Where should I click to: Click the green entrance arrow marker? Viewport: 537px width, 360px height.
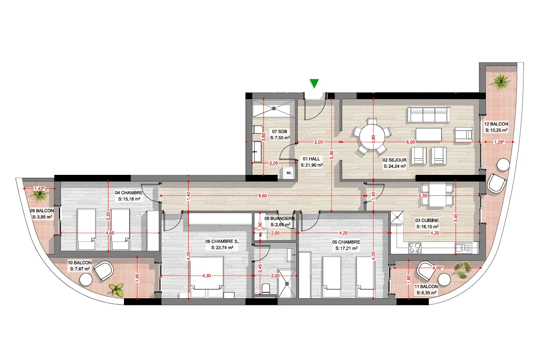point(314,84)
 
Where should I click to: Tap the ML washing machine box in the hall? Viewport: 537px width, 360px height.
point(289,173)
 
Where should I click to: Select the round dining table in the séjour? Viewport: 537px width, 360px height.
point(372,137)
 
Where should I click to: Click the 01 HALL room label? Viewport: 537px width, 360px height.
point(311,159)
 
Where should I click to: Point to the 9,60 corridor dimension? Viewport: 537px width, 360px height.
point(262,196)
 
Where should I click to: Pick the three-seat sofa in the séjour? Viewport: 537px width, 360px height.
point(428,115)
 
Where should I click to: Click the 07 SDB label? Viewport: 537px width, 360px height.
point(280,132)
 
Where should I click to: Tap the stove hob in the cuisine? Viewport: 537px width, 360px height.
point(415,248)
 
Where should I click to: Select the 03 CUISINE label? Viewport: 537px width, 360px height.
point(427,221)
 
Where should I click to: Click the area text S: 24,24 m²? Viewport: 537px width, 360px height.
point(395,166)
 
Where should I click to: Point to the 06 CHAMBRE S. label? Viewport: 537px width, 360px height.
point(222,242)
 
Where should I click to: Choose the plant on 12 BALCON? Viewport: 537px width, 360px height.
point(501,81)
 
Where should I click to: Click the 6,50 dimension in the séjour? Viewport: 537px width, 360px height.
point(411,142)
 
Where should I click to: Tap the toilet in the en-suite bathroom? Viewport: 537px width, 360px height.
point(266,289)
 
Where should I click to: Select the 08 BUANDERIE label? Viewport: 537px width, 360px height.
point(280,218)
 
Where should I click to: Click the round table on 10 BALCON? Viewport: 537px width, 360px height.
point(86,279)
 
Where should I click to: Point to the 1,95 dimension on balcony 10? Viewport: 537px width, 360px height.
point(137,278)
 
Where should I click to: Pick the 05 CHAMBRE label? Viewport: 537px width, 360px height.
point(346,242)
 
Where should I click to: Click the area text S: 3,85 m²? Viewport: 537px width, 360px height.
point(42,217)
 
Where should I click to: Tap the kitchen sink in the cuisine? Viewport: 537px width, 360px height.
point(463,248)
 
